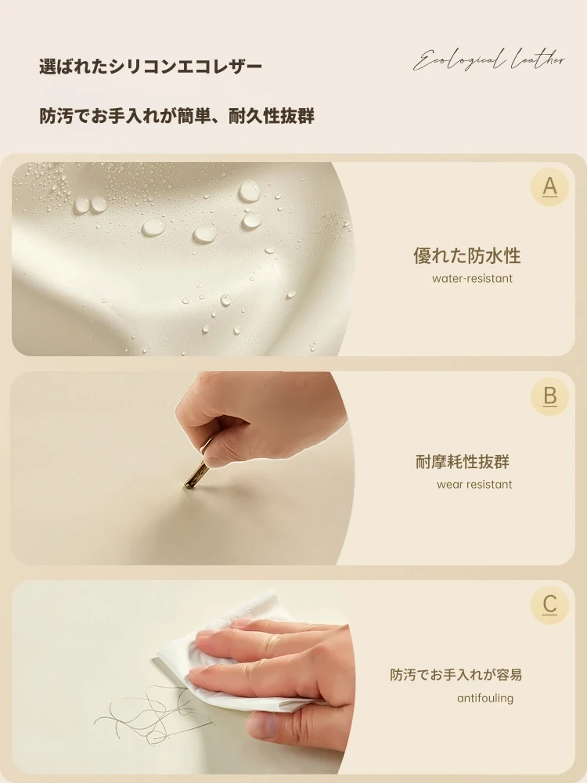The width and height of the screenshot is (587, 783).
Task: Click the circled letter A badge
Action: coord(549,187)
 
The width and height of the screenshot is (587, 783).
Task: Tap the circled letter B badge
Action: coord(549,396)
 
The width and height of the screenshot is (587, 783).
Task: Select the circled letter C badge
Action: coord(549,604)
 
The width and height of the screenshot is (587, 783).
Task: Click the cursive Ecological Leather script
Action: coord(489,61)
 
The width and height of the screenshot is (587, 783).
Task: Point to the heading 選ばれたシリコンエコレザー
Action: coord(150,67)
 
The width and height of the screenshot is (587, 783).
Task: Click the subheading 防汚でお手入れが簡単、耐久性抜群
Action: coord(177,116)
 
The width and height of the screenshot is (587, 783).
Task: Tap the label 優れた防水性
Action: coord(466,256)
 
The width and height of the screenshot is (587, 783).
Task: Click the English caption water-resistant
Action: coord(472,279)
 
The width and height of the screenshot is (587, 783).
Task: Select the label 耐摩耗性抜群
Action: coord(463,462)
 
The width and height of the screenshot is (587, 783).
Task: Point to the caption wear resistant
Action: coord(474,485)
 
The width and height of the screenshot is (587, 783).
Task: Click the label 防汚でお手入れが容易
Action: coord(456,675)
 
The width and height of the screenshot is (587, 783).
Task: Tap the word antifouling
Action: coord(485,698)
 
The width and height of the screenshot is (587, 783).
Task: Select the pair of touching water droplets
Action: coord(90,204)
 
